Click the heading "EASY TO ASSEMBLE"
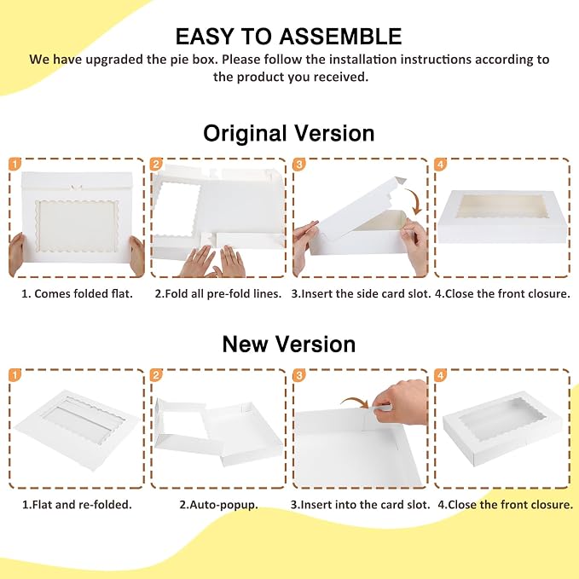pos(288,36)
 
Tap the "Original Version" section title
pos(289,133)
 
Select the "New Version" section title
pos(289,344)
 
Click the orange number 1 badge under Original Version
pos(14,164)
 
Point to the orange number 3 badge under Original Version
pos(299,164)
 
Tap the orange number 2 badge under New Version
pos(156,375)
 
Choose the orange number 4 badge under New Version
pos(441,375)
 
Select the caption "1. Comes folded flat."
pos(77,293)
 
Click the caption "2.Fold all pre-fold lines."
pos(217,293)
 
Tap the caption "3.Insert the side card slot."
pos(361,293)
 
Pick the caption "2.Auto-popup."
pos(218,505)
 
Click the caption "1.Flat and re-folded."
pos(77,505)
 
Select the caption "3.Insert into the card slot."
pos(360,505)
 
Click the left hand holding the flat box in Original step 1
pos(16,254)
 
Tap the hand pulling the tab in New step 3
pos(400,402)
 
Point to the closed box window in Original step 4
pos(502,206)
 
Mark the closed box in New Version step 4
pos(502,429)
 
